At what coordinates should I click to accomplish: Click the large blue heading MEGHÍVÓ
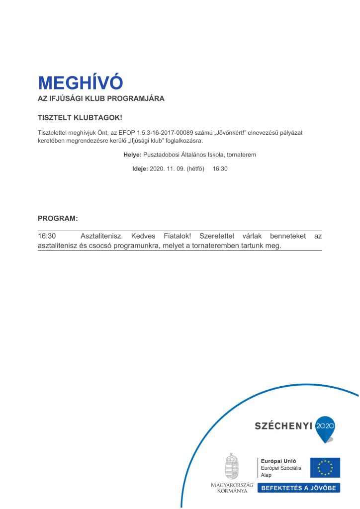tap(80, 83)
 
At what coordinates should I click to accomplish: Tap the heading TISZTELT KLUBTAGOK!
tap(80, 118)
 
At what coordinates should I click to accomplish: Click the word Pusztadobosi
tap(159, 155)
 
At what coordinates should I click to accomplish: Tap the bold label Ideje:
tap(140, 169)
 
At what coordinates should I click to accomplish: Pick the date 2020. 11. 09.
tap(167, 169)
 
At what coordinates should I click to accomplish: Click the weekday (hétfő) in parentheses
tap(195, 169)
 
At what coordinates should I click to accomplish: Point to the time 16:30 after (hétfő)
tap(220, 169)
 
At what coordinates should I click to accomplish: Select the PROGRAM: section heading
tap(58, 218)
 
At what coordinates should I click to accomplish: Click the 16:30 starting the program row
tap(47, 236)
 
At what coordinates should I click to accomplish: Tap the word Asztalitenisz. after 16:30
tap(101, 236)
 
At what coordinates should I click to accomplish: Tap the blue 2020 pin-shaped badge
tap(326, 427)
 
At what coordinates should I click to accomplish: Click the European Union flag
tap(325, 467)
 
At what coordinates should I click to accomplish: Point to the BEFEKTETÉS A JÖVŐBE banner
tap(298, 488)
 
